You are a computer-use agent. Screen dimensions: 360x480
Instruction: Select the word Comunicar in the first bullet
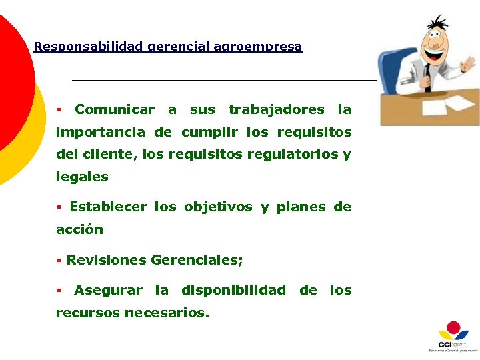pyautogui.click(x=115, y=109)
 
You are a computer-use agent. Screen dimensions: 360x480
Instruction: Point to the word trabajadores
pyautogui.click(x=276, y=109)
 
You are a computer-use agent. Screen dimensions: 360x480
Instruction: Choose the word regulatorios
pyautogui.click(x=292, y=155)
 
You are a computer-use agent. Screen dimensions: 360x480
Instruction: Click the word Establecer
pyautogui.click(x=108, y=207)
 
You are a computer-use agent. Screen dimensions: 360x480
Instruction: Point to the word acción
pyautogui.click(x=79, y=229)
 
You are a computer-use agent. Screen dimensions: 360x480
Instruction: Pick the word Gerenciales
pyautogui.click(x=196, y=260)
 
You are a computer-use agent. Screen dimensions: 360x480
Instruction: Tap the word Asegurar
pyautogui.click(x=108, y=290)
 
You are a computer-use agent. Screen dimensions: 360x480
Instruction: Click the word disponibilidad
pyautogui.click(x=233, y=290)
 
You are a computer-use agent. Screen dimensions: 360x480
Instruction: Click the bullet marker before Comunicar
pyautogui.click(x=59, y=109)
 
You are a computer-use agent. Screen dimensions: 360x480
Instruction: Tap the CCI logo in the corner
pyautogui.click(x=453, y=337)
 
